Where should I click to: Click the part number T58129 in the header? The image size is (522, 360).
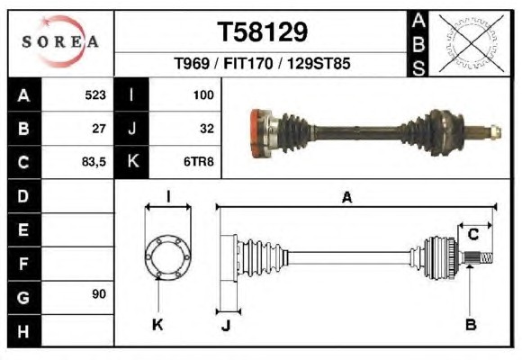coord(262,32)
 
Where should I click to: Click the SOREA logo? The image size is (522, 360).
coord(60,41)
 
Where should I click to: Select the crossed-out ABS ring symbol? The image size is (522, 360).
coord(471,43)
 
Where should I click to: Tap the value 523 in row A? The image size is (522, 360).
coord(95,95)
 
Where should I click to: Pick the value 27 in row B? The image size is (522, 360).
coord(99,129)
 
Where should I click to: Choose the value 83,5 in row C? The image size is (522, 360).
coord(94,162)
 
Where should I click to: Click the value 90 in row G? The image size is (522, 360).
coord(99,294)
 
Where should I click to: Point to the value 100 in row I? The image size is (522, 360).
coord(203,95)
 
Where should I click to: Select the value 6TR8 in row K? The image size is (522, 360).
coord(199,162)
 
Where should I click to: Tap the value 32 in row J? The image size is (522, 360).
coord(207,129)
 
